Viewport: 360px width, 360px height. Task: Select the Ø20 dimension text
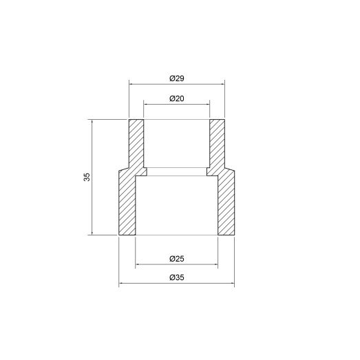tap(176, 98)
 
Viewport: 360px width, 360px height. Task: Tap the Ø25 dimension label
tap(176, 259)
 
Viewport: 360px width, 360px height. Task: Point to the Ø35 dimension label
tap(176, 278)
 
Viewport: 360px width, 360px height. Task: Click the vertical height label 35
tap(87, 177)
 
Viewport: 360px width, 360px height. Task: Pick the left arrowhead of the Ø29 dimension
tap(131, 85)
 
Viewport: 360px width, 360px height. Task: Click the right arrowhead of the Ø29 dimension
tap(223, 85)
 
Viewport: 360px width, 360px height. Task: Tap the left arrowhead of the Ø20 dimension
tap(146, 105)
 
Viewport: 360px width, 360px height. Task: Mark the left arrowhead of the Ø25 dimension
tap(137, 265)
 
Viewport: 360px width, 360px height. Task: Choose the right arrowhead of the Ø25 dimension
tap(217, 265)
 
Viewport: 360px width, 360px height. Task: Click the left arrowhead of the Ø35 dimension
tap(121, 284)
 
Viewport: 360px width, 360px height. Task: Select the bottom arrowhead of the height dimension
tap(92, 233)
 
